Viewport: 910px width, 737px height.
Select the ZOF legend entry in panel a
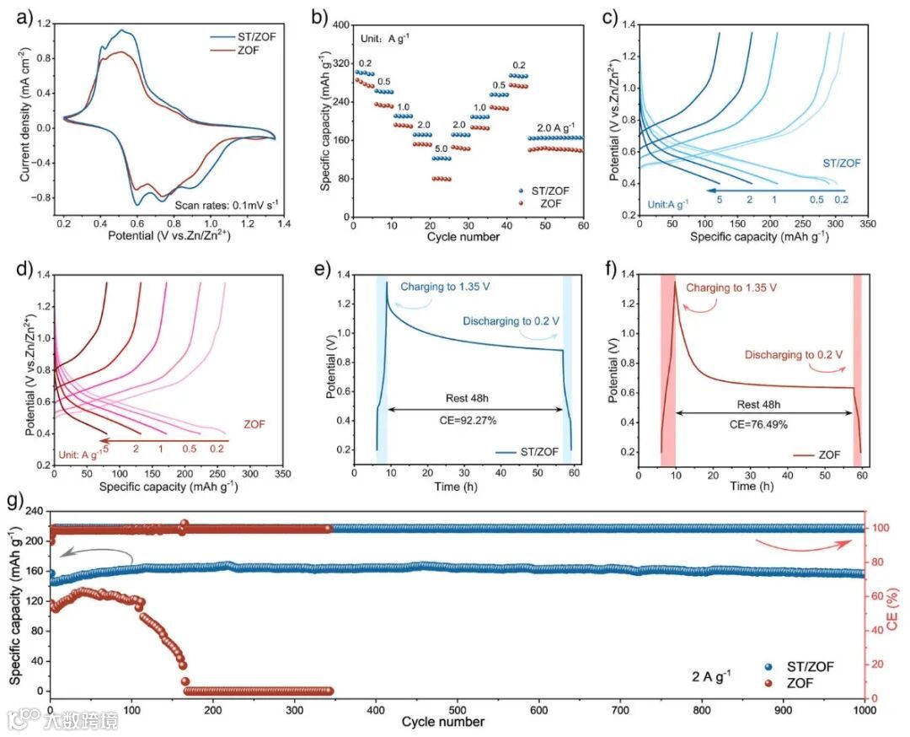(249, 51)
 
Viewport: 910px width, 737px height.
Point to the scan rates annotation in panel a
(227, 203)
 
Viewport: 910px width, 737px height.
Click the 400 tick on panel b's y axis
(340, 25)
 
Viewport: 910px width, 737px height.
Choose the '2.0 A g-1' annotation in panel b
(555, 127)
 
